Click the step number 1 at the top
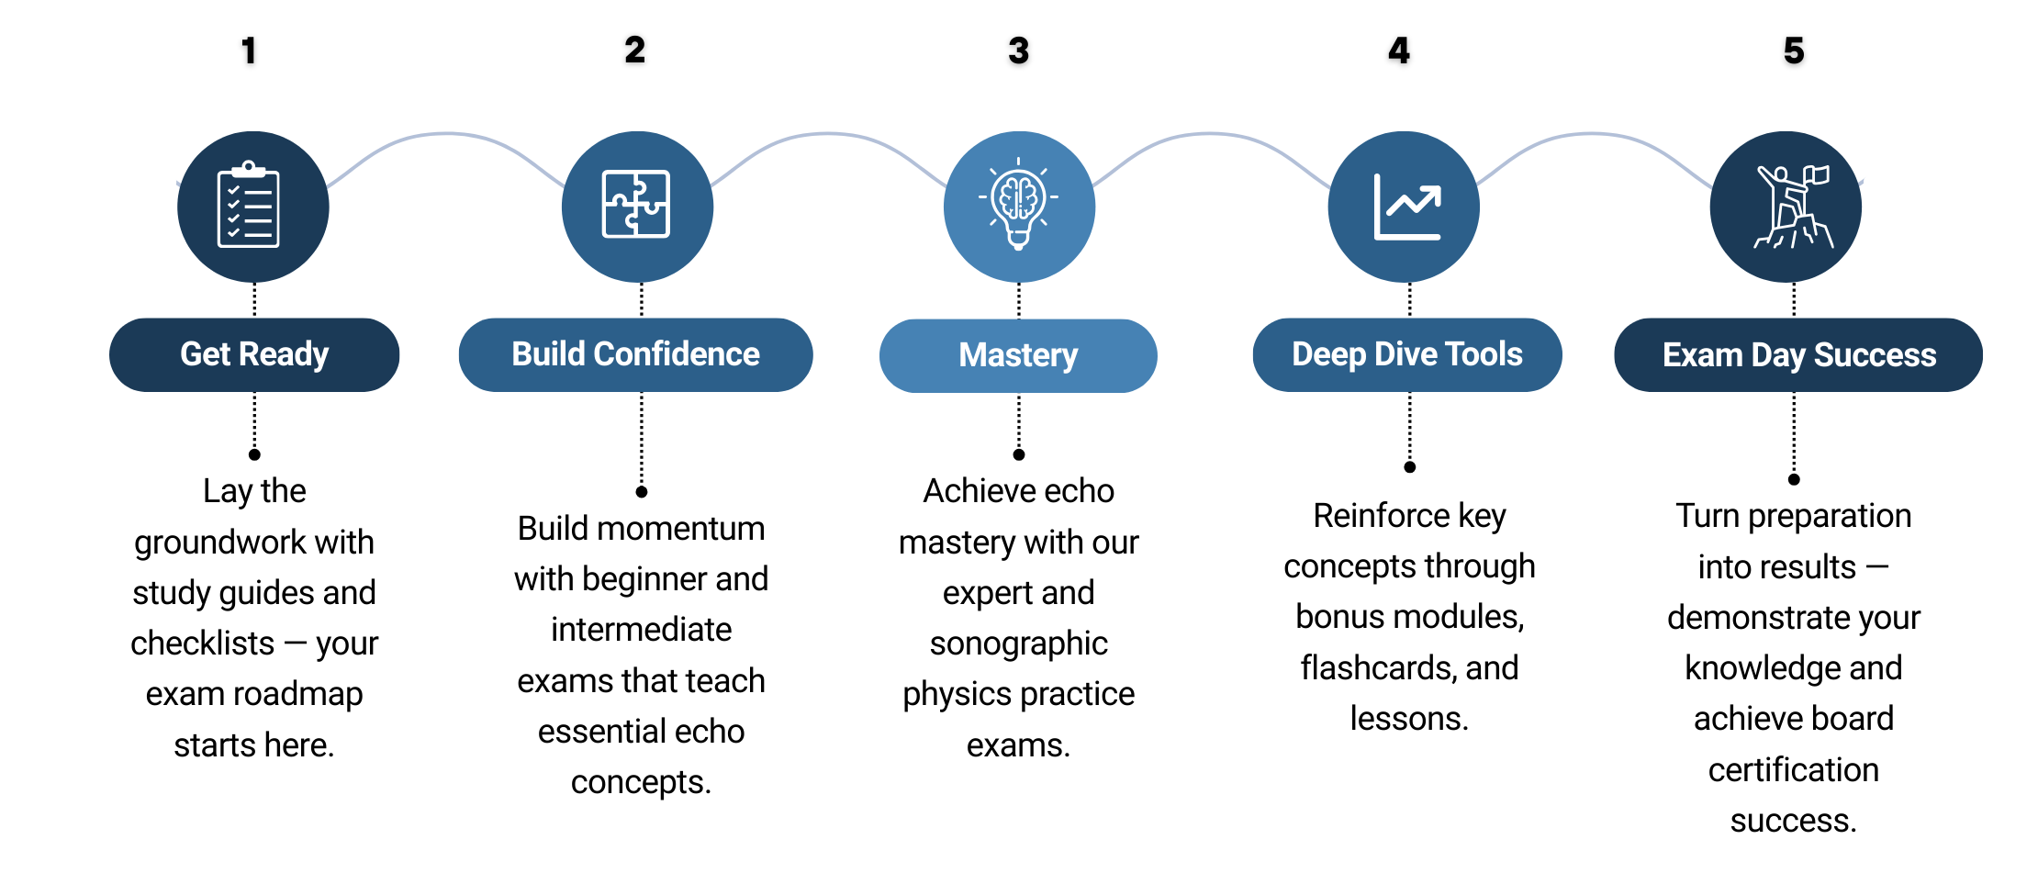click(249, 50)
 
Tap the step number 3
click(1018, 50)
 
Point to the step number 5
click(1794, 50)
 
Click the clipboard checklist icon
click(249, 207)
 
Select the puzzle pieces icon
click(636, 206)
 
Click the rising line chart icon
click(1406, 207)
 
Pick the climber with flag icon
click(1791, 207)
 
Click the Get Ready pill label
click(254, 354)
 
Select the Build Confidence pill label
click(635, 354)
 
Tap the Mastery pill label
click(1018, 355)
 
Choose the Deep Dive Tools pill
click(1406, 354)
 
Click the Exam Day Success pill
click(1798, 355)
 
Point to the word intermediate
click(641, 630)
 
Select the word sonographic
click(1018, 644)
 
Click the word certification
click(1793, 769)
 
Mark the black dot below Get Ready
click(254, 454)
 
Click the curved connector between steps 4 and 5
click(1594, 134)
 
